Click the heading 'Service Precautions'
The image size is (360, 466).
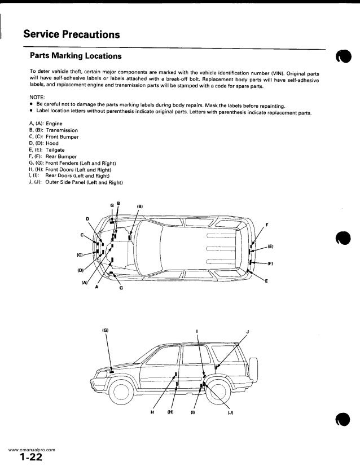pyautogui.click(x=71, y=34)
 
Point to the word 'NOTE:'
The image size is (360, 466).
pyautogui.click(x=38, y=96)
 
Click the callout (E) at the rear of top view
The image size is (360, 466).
pyautogui.click(x=270, y=247)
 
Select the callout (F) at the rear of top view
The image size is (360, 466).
pyautogui.click(x=270, y=263)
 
